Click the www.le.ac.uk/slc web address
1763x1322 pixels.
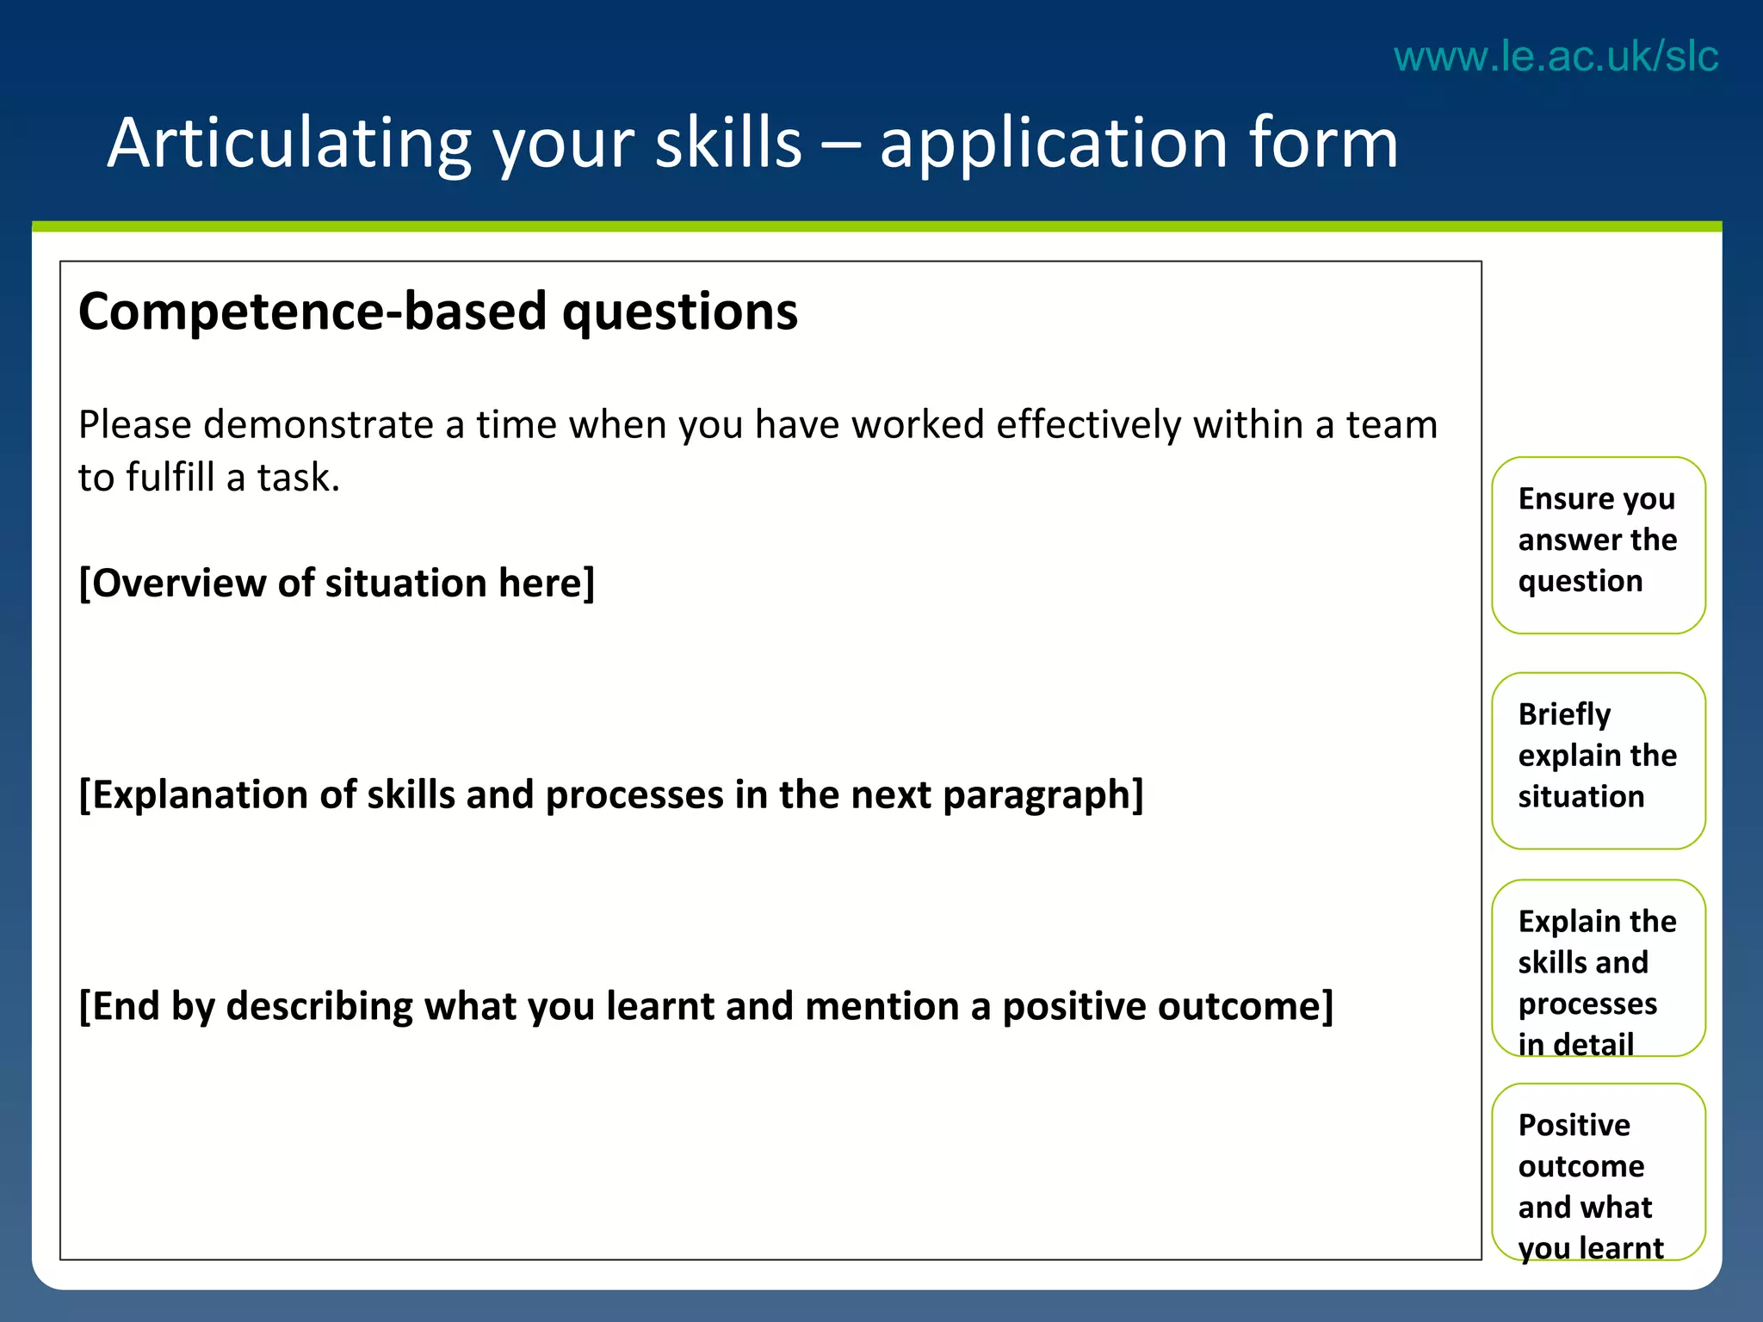pyautogui.click(x=1556, y=57)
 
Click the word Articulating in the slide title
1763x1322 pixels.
pyautogui.click(x=288, y=143)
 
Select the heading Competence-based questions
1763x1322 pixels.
pyautogui.click(x=437, y=312)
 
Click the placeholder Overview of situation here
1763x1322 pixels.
pyautogui.click(x=337, y=584)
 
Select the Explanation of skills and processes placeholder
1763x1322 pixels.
pyautogui.click(x=610, y=794)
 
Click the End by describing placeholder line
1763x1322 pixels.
pyautogui.click(x=705, y=1006)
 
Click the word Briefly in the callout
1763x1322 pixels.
pyautogui.click(x=1564, y=714)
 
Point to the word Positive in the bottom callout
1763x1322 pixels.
pyautogui.click(x=1574, y=1125)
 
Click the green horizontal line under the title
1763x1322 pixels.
pyautogui.click(x=876, y=227)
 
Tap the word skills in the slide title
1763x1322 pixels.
pyautogui.click(x=728, y=143)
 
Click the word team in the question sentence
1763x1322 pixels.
pyautogui.click(x=1391, y=425)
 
